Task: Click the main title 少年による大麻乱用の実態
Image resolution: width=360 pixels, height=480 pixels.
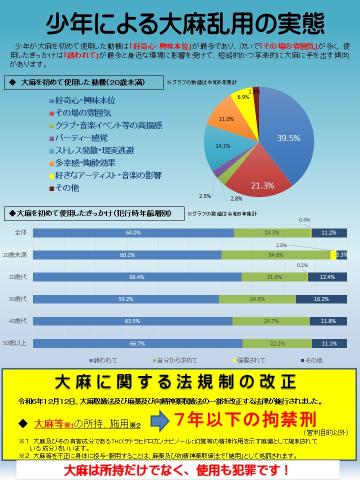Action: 185,23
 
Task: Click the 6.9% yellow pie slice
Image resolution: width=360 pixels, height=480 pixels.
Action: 244,99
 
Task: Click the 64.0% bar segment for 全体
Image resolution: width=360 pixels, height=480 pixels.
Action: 133,232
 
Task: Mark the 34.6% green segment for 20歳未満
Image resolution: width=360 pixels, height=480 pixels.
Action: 275,255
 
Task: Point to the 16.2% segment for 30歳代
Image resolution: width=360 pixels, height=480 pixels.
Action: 321,299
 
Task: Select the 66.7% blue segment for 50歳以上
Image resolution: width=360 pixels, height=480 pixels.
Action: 137,343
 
